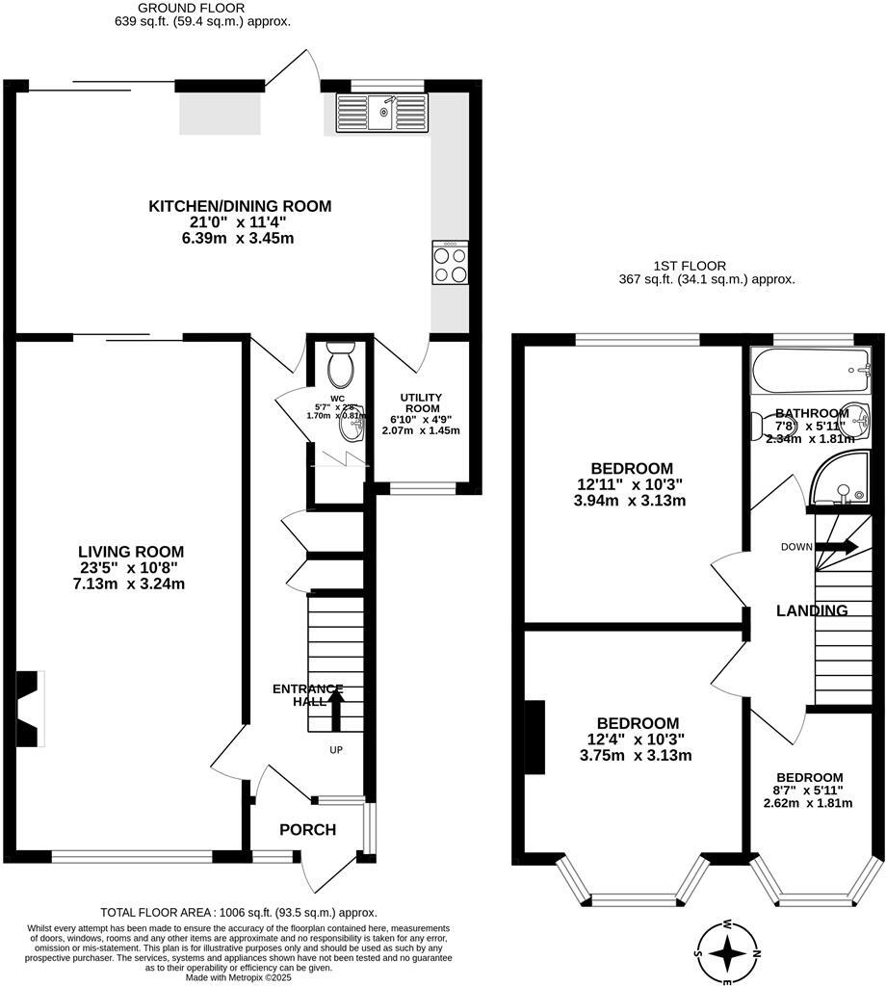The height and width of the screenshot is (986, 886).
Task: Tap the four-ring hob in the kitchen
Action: click(x=450, y=262)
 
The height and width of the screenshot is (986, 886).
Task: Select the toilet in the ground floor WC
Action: click(x=340, y=366)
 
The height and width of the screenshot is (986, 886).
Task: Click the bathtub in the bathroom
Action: click(x=811, y=372)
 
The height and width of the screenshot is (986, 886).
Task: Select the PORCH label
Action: click(x=307, y=830)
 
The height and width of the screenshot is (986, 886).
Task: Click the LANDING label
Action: click(x=812, y=610)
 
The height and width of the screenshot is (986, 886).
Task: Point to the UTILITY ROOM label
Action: click(x=421, y=403)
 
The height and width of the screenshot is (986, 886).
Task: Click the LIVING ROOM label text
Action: click(x=131, y=552)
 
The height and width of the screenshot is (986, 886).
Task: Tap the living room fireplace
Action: click(x=31, y=709)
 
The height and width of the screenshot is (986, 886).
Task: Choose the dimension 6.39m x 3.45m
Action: click(x=239, y=238)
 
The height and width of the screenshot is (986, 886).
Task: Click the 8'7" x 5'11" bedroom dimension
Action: click(x=809, y=791)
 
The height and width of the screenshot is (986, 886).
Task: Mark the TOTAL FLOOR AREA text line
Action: click(x=239, y=912)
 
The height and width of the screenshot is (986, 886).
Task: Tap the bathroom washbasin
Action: click(x=855, y=419)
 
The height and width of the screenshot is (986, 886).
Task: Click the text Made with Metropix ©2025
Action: click(x=239, y=977)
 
